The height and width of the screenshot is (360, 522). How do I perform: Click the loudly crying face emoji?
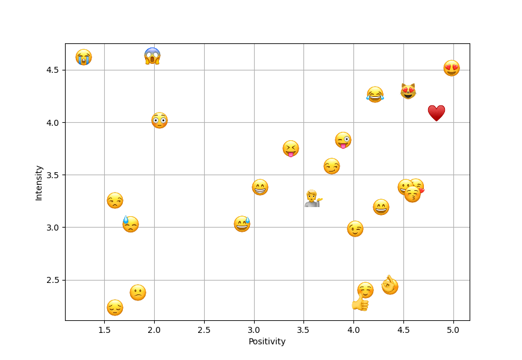84,57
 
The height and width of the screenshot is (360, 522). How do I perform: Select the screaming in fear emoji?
152,56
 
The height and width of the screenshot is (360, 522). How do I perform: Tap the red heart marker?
437,113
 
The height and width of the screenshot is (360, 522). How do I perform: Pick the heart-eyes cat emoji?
408,92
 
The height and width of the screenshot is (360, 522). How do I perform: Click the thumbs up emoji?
360,303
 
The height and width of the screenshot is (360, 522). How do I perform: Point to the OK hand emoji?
390,284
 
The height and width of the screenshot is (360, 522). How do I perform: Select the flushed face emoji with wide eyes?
160,120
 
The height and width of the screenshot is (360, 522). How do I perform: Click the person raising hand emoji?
312,199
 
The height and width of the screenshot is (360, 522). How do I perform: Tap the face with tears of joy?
375,95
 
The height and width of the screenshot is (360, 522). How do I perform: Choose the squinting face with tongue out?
291,149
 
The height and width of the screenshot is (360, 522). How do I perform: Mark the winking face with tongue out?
343,140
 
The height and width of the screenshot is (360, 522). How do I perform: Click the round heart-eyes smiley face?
452,68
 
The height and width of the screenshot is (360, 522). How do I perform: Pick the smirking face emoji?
332,166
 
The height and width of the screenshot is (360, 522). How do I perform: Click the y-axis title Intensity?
39,182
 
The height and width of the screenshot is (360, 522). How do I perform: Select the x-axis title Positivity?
267,341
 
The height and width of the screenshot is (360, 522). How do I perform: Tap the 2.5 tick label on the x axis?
204,330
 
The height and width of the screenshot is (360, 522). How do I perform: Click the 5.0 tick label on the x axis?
453,330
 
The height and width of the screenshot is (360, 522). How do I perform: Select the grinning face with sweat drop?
242,224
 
